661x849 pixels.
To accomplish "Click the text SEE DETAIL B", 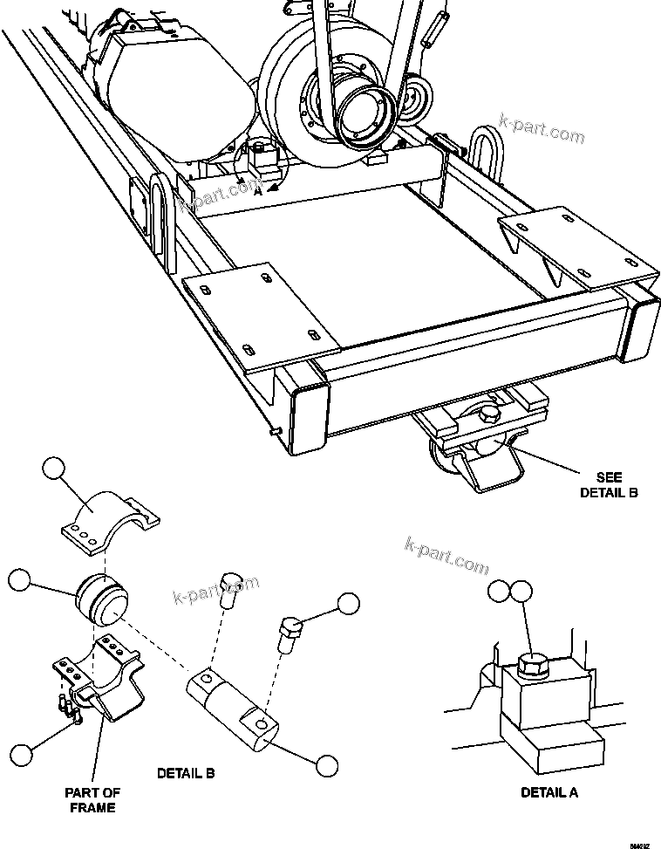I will click(x=610, y=484).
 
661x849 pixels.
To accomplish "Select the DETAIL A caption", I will click(x=549, y=792).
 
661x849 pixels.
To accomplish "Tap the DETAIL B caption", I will click(x=185, y=773).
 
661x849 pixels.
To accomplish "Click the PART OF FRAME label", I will click(x=93, y=799).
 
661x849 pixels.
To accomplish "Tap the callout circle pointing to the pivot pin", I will click(x=326, y=765).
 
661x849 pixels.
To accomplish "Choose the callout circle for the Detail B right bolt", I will click(x=348, y=604).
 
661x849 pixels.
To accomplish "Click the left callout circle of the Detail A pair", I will click(x=501, y=591).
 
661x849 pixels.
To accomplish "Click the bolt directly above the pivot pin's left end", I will click(x=231, y=591).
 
